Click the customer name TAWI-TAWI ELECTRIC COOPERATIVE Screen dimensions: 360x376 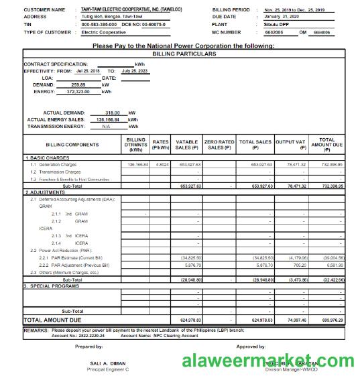point(124,10)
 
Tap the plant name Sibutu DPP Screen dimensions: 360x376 point(276,24)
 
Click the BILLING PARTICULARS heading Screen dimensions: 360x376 point(184,53)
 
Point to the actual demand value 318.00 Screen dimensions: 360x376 point(112,113)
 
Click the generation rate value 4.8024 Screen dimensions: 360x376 point(162,164)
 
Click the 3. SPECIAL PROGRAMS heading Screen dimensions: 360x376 point(54,286)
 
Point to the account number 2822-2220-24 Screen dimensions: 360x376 point(88,335)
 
